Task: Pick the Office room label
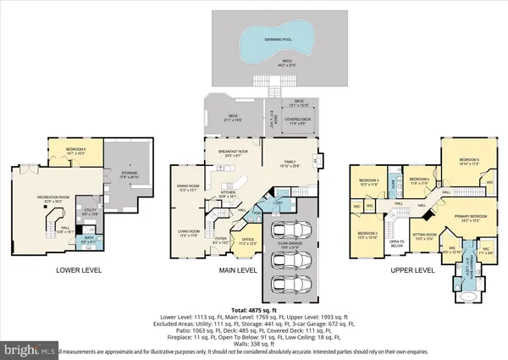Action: click(247, 241)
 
